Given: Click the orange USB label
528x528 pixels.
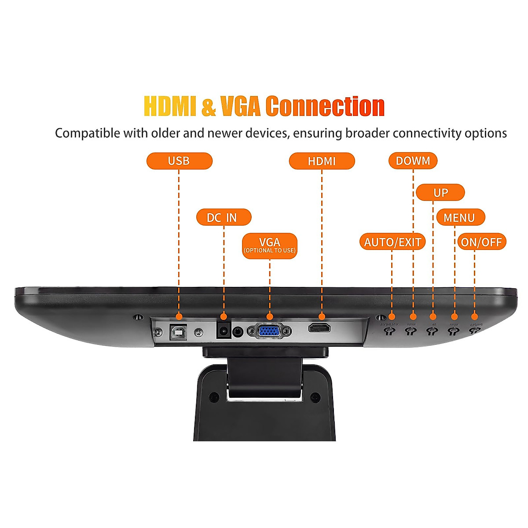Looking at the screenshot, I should pyautogui.click(x=179, y=161).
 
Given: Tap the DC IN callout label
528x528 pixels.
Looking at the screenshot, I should pyautogui.click(x=223, y=217).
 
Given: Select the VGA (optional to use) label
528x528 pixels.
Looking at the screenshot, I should pyautogui.click(x=270, y=246).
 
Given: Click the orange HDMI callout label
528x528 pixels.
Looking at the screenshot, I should pyautogui.click(x=322, y=161).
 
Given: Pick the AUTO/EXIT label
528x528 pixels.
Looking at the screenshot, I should pyautogui.click(x=392, y=242).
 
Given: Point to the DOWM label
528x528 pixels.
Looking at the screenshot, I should pyautogui.click(x=413, y=161).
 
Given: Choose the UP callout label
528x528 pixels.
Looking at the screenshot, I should pyautogui.click(x=440, y=193).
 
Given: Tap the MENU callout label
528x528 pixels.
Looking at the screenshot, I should pyautogui.click(x=460, y=217).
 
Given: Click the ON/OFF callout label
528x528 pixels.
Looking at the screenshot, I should pyautogui.click(x=481, y=242).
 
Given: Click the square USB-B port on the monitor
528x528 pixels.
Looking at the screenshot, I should pyautogui.click(x=178, y=332).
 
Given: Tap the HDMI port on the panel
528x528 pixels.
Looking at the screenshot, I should pyautogui.click(x=319, y=328).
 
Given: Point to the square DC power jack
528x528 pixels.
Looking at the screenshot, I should pyautogui.click(x=224, y=330).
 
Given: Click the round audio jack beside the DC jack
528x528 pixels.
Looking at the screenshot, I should pyautogui.click(x=238, y=331).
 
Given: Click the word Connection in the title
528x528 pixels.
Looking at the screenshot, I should pyautogui.click(x=325, y=107).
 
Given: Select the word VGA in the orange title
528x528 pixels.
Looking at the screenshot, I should pyautogui.click(x=241, y=107).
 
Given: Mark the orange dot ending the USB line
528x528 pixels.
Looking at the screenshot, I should pyautogui.click(x=179, y=316).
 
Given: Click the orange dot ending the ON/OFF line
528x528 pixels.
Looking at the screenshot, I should pyautogui.click(x=474, y=316).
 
